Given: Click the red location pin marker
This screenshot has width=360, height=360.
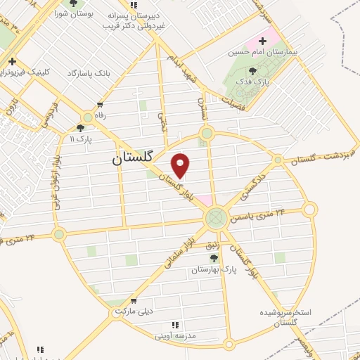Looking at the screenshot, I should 181,165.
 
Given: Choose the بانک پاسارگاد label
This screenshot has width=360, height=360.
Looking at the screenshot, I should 89,73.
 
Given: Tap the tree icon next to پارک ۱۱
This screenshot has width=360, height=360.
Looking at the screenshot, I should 81,128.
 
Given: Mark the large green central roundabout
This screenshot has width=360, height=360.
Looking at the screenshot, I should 217,218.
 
